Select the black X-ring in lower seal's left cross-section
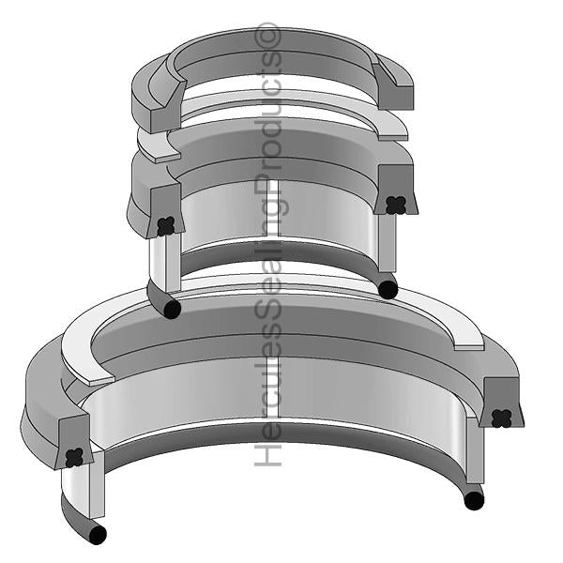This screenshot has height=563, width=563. coord(75,457)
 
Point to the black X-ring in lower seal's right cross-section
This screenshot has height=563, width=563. coord(503,417)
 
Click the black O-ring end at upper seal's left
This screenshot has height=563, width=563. coord(171,309)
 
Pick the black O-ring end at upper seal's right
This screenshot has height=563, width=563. coord(388,289)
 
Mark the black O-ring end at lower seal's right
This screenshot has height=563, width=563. coord(474,501)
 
